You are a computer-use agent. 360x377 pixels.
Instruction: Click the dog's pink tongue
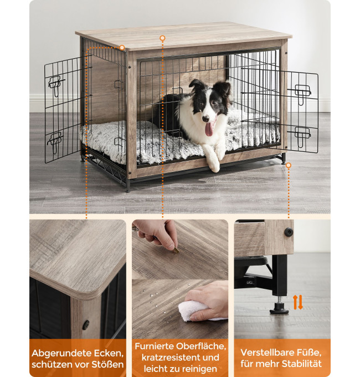pos(209,129)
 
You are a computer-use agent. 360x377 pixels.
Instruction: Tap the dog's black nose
pos(205,118)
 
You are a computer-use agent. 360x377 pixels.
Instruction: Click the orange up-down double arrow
pos(298,303)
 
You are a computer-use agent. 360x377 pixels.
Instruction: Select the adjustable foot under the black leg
pos(279,308)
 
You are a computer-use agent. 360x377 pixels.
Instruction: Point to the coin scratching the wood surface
pos(177,250)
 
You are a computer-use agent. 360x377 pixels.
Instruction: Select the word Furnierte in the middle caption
pos(155,347)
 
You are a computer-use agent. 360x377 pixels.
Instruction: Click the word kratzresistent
pos(171,358)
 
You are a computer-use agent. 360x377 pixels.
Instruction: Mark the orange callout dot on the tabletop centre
pos(163,38)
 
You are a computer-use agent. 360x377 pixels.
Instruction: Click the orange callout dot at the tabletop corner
pos(122,48)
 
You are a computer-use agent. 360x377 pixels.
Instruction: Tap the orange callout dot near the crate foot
pos(289,165)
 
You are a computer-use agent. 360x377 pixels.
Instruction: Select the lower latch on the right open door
pos(302,136)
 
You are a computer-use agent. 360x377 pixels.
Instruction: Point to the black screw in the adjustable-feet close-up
pos(289,232)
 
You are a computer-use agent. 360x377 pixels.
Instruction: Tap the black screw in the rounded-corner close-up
pos(86,325)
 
